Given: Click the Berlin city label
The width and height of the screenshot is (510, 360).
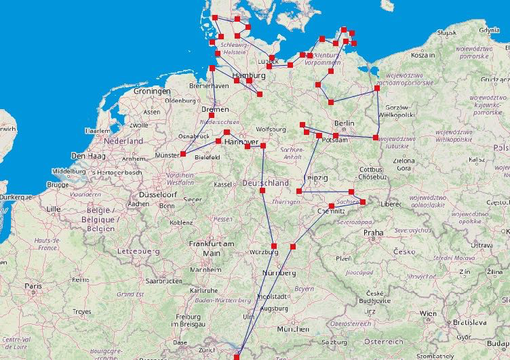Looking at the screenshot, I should [345, 123].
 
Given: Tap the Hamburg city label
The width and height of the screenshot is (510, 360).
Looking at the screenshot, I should [248, 75].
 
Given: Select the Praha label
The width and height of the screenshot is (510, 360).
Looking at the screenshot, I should [373, 233].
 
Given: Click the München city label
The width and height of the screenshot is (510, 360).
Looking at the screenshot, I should [293, 329].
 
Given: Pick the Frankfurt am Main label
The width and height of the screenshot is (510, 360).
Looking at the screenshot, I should [212, 248].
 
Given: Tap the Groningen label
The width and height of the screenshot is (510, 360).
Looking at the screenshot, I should [152, 91].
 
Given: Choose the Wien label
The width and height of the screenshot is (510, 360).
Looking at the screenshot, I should [428, 313].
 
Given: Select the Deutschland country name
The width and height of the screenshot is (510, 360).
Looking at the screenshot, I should [266, 183].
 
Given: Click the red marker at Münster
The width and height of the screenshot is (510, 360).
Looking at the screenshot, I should [182, 154].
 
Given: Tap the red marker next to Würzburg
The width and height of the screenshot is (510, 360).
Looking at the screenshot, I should [274, 245].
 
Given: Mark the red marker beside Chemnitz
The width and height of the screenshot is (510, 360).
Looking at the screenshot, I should [331, 205].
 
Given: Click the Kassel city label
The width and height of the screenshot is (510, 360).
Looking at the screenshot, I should [222, 184].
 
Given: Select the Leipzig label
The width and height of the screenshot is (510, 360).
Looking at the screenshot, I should [317, 178].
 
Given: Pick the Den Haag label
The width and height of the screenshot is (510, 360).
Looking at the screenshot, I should [87, 156].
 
